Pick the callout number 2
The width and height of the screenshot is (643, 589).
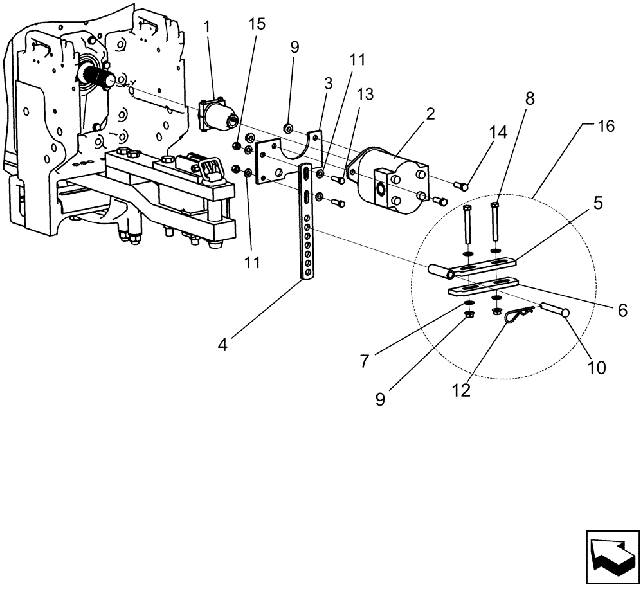coord(430,114)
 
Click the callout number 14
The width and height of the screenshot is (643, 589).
coord(498,133)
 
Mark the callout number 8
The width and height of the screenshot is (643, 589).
coord(530,98)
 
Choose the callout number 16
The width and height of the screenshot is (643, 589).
coord(605,125)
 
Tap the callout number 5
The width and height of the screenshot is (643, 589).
coord(597,204)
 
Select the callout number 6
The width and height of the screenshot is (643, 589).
coord(621,310)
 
